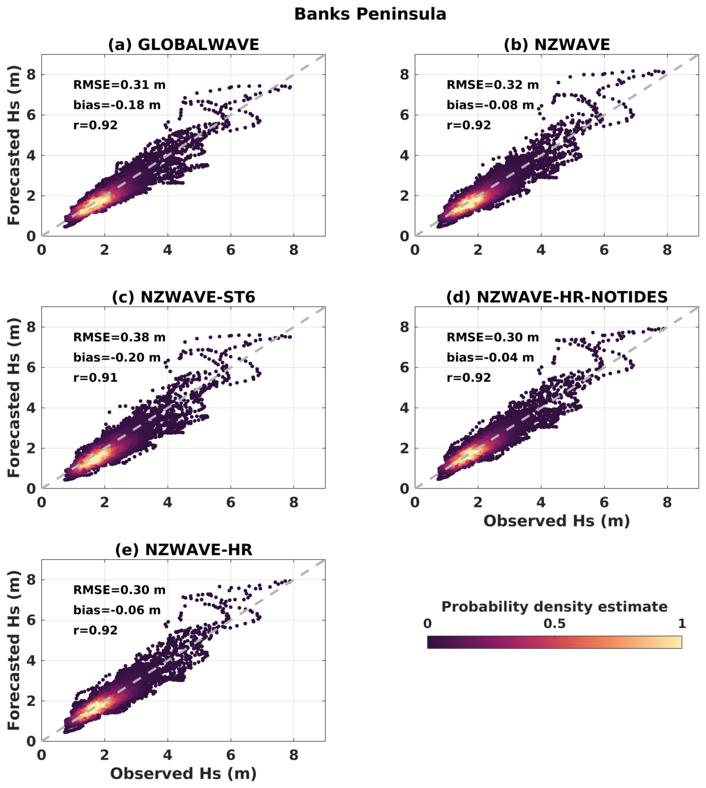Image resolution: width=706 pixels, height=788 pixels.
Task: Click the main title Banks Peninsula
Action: click(x=370, y=14)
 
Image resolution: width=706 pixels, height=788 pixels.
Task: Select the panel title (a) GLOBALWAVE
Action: click(x=184, y=45)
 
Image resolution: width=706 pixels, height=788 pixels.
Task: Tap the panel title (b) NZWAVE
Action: click(x=556, y=45)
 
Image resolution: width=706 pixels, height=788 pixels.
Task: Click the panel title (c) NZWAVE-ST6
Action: click(x=184, y=297)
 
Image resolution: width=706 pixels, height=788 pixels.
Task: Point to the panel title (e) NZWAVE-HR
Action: click(x=184, y=550)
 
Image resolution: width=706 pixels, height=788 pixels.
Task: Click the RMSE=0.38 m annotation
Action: click(x=120, y=337)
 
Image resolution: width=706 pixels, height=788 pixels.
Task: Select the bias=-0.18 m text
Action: click(x=117, y=105)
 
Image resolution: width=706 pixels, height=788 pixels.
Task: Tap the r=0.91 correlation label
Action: click(x=95, y=378)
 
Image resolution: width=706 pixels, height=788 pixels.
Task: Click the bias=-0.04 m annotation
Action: click(x=490, y=358)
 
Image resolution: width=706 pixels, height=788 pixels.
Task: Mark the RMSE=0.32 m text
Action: click(x=493, y=85)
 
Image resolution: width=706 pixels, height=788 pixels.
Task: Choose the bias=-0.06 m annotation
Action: click(x=117, y=610)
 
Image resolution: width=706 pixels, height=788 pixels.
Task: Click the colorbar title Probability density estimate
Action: click(x=554, y=607)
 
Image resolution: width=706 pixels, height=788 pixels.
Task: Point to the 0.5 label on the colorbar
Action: click(x=554, y=624)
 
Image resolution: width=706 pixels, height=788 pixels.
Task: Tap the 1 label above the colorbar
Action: click(x=682, y=624)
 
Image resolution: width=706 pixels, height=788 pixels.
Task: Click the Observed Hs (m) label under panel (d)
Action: click(x=556, y=521)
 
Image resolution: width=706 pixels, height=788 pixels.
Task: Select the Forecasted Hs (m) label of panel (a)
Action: click(x=14, y=145)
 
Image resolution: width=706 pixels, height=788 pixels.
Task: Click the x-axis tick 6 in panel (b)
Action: click(x=604, y=250)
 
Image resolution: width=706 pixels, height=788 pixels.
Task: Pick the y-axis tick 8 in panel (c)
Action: click(x=31, y=327)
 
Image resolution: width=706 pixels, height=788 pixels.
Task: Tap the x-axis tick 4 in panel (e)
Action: click(x=168, y=755)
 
